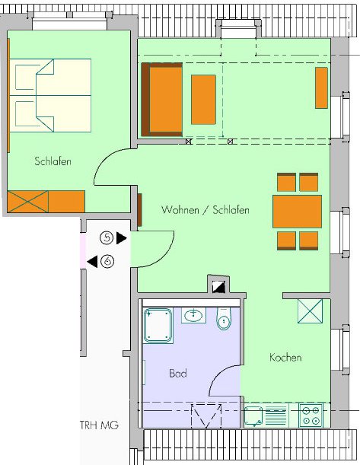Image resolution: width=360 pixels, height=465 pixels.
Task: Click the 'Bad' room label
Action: click(178, 373)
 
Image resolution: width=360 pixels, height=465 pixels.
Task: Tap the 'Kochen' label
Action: click(285, 358)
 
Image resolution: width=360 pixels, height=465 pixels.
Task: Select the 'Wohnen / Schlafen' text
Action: click(205, 210)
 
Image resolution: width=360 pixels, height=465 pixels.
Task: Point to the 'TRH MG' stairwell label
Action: click(100, 425)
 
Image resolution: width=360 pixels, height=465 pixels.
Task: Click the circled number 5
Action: click(107, 238)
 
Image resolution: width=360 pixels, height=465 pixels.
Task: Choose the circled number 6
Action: click(107, 261)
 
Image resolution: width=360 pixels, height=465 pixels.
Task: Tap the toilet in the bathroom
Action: click(225, 319)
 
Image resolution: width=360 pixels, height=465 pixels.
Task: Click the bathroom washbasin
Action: click(193, 315)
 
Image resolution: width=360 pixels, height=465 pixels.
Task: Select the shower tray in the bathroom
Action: click(158, 326)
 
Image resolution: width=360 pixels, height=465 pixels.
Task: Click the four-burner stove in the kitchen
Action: click(311, 416)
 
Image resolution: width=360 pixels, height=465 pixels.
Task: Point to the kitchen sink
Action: click(253, 416)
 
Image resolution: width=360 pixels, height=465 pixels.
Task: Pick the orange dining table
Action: click(297, 212)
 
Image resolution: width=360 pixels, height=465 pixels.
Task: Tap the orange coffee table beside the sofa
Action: click(203, 100)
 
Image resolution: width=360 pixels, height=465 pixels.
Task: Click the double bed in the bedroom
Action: click(50, 95)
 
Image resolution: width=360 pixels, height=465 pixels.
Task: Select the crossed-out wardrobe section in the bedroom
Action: click(28, 202)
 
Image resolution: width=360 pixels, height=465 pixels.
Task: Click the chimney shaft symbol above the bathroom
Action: click(219, 287)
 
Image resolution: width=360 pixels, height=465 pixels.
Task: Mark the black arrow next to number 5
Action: click(121, 238)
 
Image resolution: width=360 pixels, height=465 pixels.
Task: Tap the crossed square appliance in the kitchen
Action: click(310, 311)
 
